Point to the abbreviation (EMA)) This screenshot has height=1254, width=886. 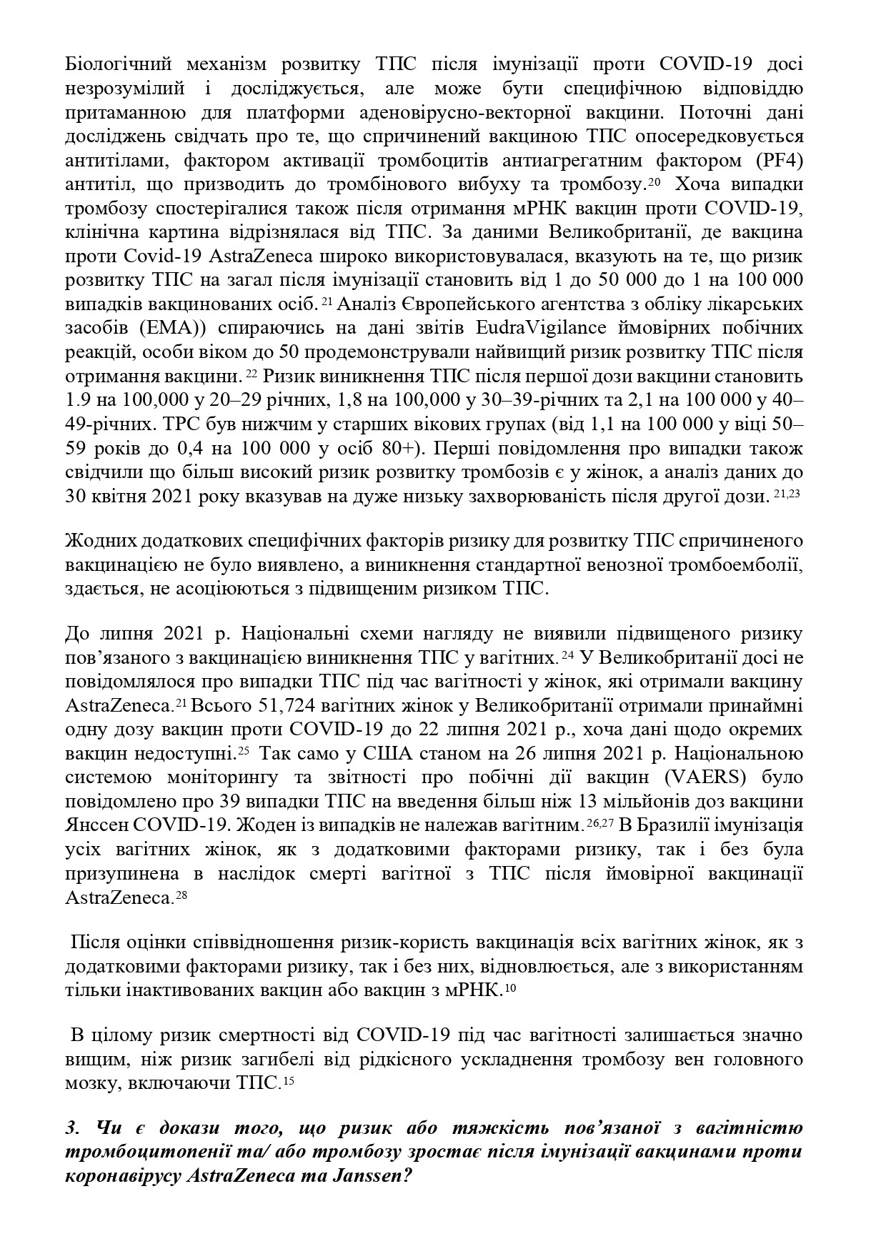161,329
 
